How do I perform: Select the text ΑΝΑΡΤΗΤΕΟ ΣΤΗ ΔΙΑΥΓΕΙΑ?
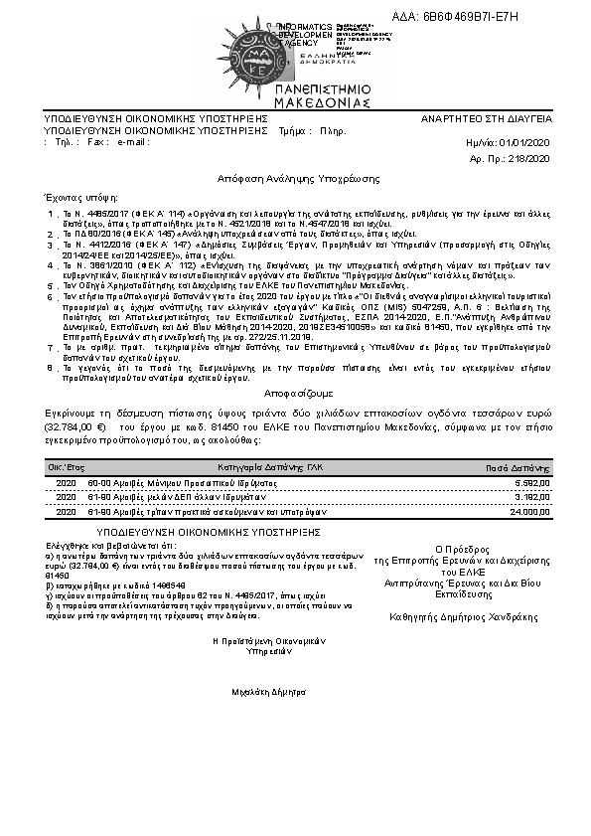(x=487, y=118)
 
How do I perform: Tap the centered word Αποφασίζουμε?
(x=299, y=393)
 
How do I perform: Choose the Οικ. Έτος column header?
(x=66, y=464)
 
